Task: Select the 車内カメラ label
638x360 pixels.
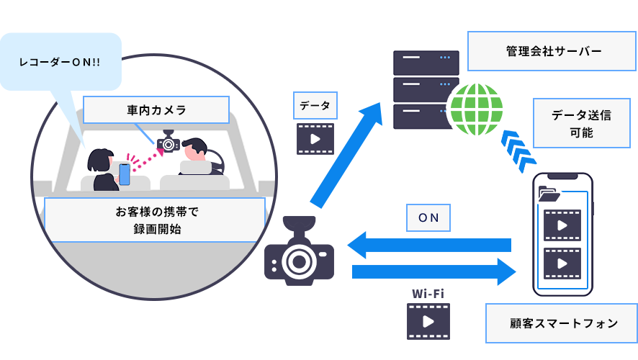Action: (156, 110)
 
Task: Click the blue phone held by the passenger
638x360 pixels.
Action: (125, 174)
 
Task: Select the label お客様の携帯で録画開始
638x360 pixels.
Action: (155, 220)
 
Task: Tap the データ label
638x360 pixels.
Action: (315, 105)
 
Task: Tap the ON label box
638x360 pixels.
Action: (428, 217)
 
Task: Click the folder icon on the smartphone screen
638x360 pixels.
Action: (549, 194)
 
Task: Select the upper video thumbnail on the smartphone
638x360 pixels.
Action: (562, 225)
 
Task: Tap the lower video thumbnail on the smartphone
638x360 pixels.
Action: (562, 264)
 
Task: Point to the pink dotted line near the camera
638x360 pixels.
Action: (144, 159)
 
